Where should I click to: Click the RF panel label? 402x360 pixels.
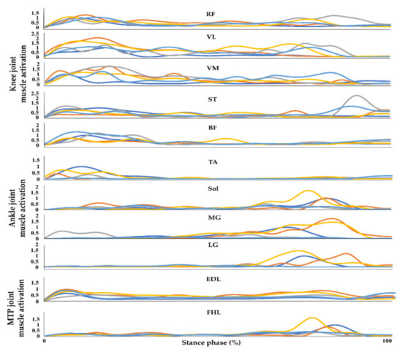pos(212,12)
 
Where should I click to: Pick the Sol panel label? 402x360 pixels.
pos(212,188)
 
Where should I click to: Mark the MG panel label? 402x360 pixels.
pos(212,218)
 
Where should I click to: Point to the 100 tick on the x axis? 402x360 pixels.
pos(386,342)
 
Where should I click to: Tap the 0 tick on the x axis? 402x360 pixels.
pos(45,342)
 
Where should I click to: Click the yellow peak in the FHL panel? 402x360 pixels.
pos(312,318)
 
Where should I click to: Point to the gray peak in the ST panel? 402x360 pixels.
pos(357,96)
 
